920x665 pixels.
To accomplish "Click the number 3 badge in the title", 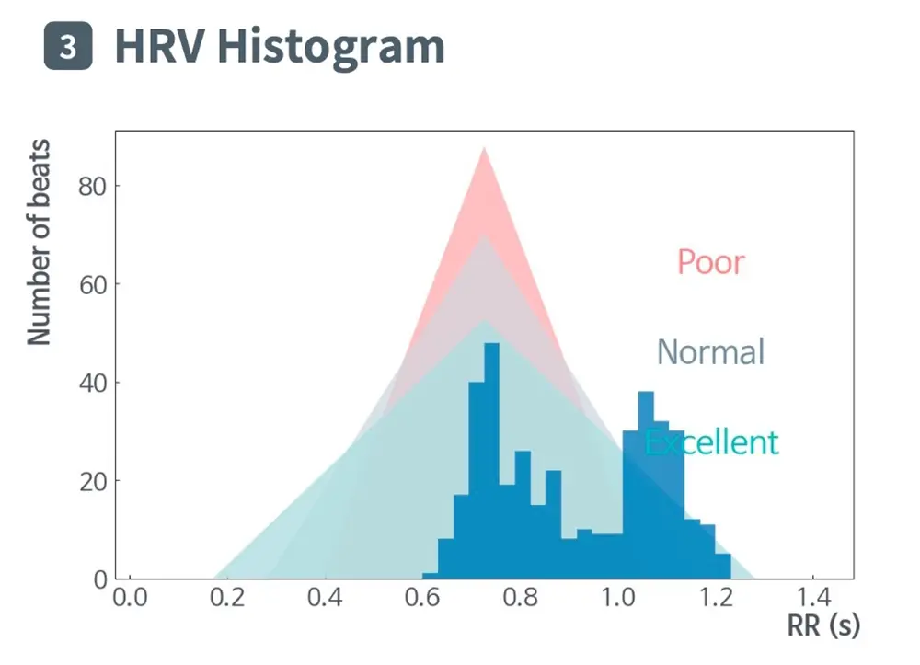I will click(x=68, y=47).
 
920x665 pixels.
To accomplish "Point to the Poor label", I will click(x=710, y=262).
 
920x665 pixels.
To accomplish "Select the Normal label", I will click(x=710, y=352).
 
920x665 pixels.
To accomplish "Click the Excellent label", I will click(x=711, y=442).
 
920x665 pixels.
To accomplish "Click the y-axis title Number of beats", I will click(x=39, y=243).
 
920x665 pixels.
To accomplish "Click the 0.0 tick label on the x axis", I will click(x=129, y=598).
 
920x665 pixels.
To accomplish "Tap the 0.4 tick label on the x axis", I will click(x=325, y=598).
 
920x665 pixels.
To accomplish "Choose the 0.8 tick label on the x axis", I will click(x=520, y=598).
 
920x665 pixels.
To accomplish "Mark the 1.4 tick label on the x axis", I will click(x=812, y=598).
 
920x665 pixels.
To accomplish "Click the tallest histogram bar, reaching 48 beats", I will click(x=491, y=460).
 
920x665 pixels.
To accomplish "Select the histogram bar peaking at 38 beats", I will click(x=646, y=487).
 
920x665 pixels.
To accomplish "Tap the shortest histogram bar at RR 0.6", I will click(x=430, y=576).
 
